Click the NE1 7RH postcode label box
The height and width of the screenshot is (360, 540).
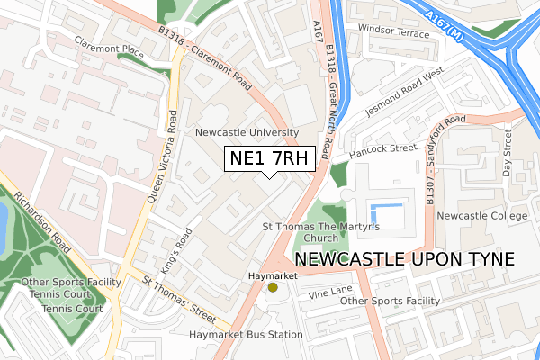(270, 158)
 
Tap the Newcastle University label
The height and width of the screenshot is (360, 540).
(247, 132)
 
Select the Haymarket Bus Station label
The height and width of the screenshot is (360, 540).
(246, 335)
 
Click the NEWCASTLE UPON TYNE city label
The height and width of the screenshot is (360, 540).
(404, 259)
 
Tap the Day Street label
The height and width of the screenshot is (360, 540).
(507, 152)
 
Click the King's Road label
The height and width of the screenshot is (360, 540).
(175, 243)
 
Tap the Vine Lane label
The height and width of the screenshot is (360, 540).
(330, 292)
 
